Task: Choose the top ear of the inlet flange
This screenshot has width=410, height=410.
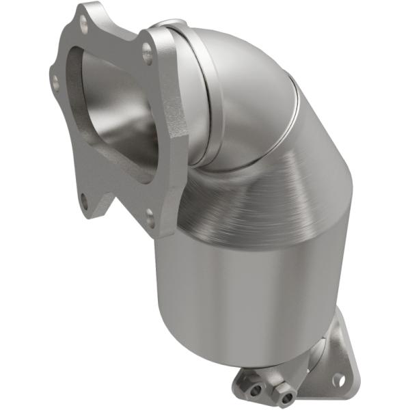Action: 85,17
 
